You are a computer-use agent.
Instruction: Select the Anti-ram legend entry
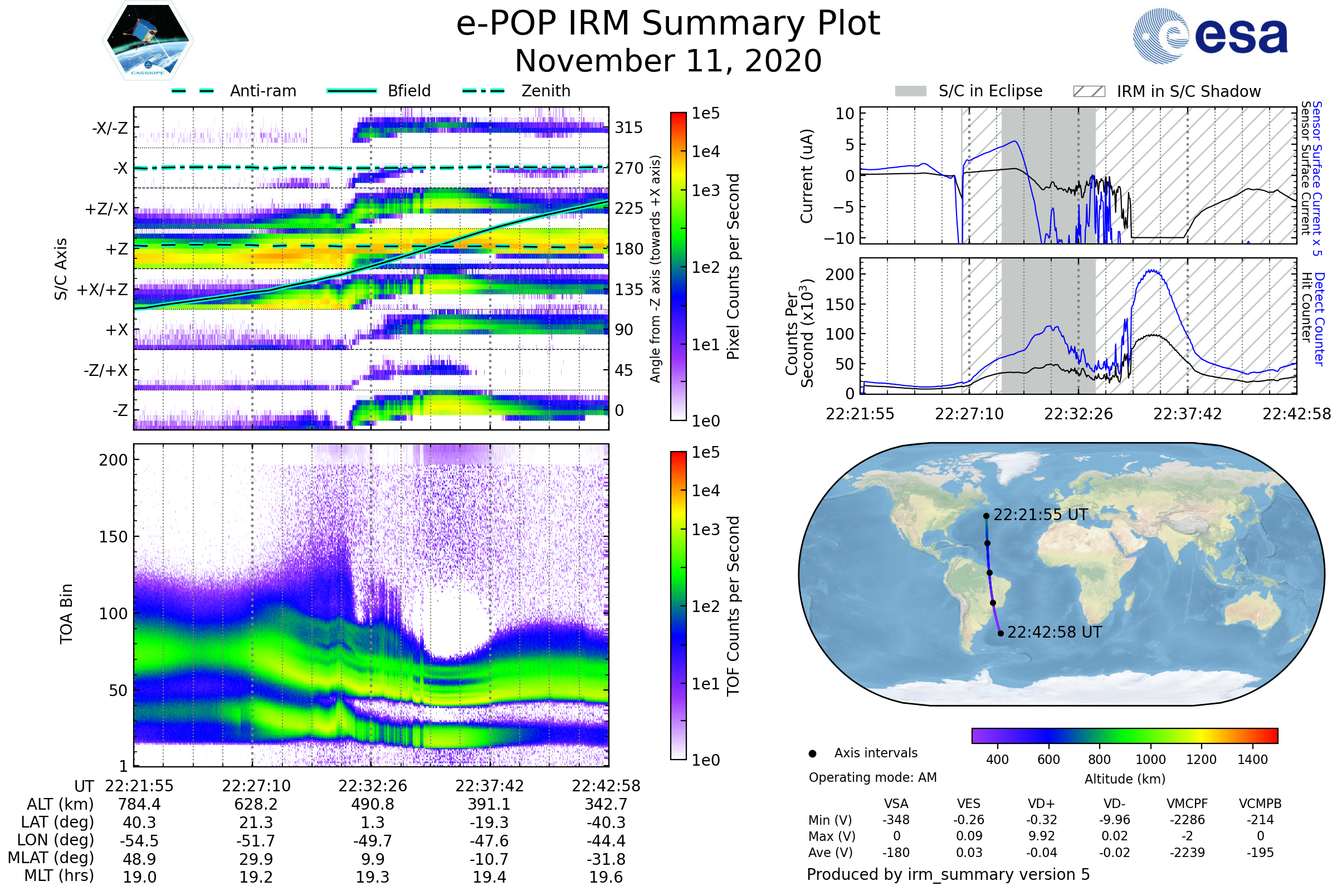coord(262,91)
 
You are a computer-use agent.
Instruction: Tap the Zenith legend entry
coord(545,91)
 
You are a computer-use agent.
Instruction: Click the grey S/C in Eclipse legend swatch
coord(910,91)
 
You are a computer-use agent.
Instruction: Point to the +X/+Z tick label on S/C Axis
coord(103,290)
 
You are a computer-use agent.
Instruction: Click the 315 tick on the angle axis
coord(628,128)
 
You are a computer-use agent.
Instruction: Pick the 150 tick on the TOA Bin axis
coord(113,537)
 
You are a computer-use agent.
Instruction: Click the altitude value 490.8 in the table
coord(372,804)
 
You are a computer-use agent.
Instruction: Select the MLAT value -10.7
coord(489,859)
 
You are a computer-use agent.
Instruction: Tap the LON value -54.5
coord(139,840)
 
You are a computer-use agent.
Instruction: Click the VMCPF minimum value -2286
coord(1187,820)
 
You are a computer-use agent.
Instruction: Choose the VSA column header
coord(896,804)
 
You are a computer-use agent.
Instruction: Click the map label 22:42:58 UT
coord(1054,632)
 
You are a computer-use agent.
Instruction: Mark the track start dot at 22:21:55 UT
coord(986,516)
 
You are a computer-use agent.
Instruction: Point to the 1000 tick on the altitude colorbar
coord(1150,760)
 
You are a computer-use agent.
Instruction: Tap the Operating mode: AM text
coord(872,777)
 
